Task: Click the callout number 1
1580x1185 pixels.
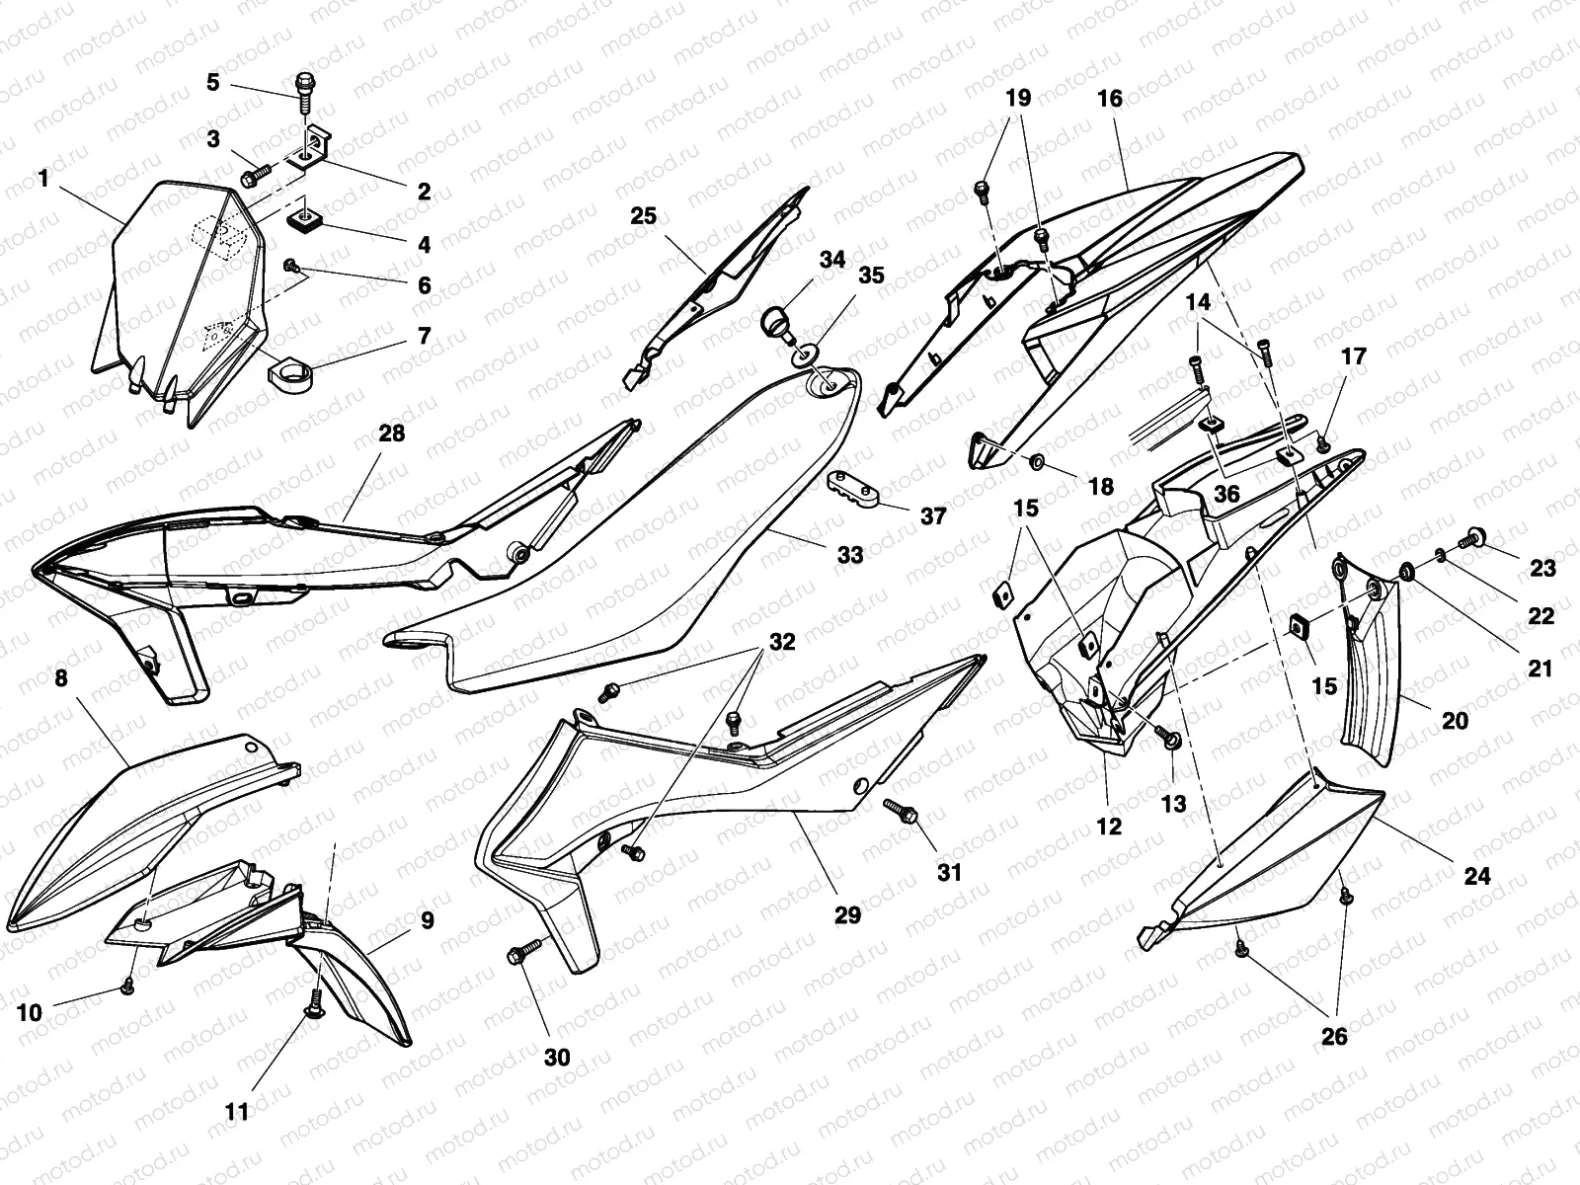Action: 42,179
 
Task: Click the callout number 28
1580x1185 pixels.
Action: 392,434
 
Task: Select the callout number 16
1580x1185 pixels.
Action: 1110,98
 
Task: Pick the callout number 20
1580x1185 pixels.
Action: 1455,721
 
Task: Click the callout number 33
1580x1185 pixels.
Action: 850,555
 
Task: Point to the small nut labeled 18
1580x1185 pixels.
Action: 1037,462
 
